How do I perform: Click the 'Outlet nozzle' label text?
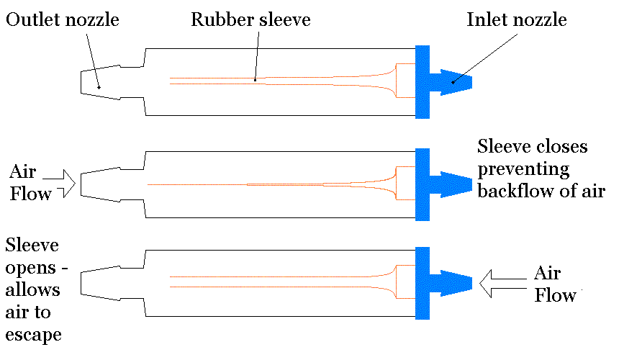62,20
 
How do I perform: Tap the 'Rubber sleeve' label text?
250,20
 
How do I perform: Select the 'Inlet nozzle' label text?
516,20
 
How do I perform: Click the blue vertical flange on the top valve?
423,81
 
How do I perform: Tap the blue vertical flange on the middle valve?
423,184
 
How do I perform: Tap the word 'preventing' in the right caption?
523,169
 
